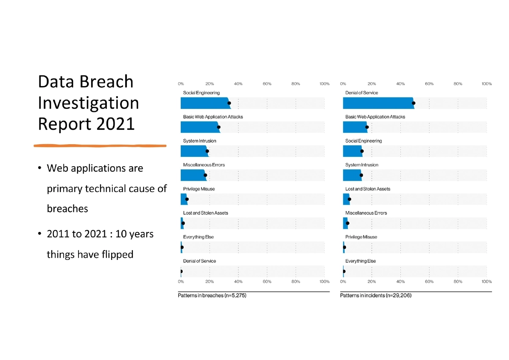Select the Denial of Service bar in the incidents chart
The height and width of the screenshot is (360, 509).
[x=378, y=103]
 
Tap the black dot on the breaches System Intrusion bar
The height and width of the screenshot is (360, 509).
[x=207, y=151]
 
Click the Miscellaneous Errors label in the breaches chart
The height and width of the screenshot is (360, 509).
[x=204, y=165]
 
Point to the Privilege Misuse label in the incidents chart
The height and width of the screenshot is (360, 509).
[x=361, y=237]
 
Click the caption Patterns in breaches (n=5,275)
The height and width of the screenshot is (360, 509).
[x=212, y=295]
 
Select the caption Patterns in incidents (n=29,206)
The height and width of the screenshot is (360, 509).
[x=375, y=295]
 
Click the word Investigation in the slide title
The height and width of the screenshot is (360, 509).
[x=88, y=103]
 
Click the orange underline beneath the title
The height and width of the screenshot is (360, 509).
[x=100, y=146]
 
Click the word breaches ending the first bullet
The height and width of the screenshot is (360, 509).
[x=67, y=209]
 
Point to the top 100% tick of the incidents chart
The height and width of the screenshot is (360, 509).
[x=486, y=84]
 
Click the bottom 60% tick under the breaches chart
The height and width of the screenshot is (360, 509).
[x=267, y=282]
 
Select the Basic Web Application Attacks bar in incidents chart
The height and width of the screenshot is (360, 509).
[x=355, y=127]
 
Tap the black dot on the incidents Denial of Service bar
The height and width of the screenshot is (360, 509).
[x=413, y=103]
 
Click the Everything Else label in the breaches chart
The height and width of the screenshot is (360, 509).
[x=198, y=237]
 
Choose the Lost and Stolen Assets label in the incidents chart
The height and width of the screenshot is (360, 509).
[x=367, y=189]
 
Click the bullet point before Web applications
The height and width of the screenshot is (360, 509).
[x=39, y=169]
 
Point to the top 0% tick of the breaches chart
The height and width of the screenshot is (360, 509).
[x=181, y=84]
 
